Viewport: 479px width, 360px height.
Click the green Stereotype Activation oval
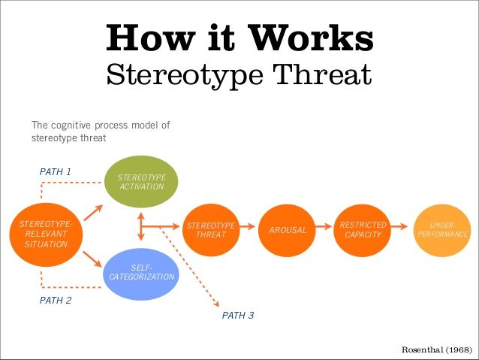pos(141,181)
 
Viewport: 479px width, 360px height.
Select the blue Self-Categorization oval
pos(141,272)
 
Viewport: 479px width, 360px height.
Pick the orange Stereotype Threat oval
pos(211,229)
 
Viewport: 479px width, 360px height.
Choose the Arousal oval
pos(288,229)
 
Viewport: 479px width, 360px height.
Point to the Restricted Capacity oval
pos(363,229)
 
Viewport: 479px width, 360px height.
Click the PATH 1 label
pos(56,171)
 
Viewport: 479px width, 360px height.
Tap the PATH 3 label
pos(238,316)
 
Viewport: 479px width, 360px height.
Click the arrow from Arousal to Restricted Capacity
pos(324,225)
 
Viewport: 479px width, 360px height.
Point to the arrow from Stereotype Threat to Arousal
pos(248,225)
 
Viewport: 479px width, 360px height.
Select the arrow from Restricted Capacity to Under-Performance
pos(401,225)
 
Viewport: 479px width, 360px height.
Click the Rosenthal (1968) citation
pos(437,350)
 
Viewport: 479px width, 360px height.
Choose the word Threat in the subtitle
pos(324,74)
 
